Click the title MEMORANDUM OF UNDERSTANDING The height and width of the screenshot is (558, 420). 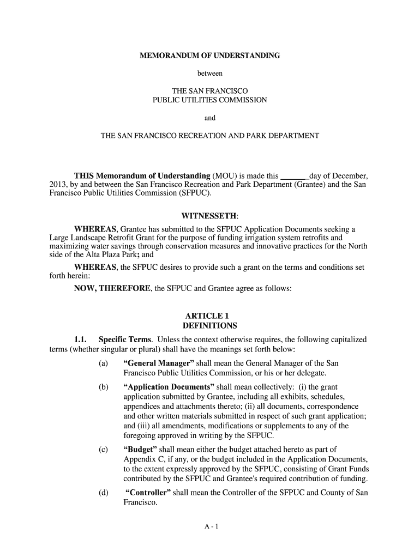click(210, 56)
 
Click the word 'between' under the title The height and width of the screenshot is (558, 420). click(210, 72)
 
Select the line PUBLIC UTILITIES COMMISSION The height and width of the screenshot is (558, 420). click(210, 100)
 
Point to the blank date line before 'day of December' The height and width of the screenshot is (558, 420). click(294, 176)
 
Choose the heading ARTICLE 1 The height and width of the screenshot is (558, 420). click(210, 316)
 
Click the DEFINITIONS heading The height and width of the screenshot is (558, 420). click(210, 326)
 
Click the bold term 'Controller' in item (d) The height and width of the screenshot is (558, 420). click(148, 493)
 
